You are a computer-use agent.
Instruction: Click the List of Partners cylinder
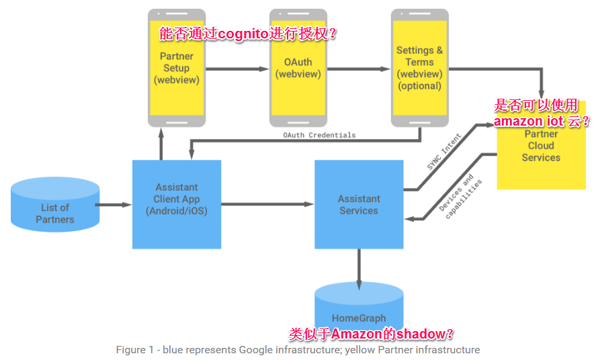coord(55,208)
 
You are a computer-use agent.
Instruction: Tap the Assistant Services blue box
coord(359,204)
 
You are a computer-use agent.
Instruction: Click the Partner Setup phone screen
coord(177,74)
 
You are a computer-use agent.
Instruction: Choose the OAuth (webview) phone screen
coord(298,74)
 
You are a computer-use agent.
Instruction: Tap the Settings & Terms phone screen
coord(419,74)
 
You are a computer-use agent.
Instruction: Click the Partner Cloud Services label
coord(541,146)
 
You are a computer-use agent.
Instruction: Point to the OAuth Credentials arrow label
coord(319,135)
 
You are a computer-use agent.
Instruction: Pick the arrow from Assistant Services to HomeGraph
coord(359,269)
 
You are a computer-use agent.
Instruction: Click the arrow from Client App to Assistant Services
coord(267,204)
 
